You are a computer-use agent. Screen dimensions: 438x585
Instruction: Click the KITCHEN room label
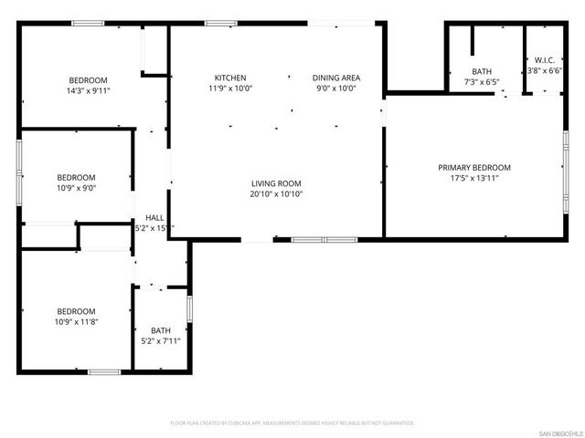(x=229, y=78)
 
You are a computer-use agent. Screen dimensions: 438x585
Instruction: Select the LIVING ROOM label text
(x=277, y=183)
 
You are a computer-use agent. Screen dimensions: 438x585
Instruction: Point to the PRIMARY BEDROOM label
(x=473, y=167)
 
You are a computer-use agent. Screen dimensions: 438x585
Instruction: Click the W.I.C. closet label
(x=542, y=60)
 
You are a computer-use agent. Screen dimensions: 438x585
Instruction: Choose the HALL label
(x=154, y=218)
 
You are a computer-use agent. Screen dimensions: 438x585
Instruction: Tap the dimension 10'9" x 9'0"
(x=77, y=188)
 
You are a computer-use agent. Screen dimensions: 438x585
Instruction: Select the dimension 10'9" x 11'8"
(x=77, y=321)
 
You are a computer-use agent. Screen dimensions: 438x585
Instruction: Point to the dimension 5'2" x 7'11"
(x=161, y=341)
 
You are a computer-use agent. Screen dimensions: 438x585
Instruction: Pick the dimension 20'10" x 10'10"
(x=277, y=193)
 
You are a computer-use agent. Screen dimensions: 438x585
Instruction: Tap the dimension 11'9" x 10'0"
(x=229, y=89)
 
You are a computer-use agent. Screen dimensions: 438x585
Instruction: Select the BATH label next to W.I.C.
(x=482, y=71)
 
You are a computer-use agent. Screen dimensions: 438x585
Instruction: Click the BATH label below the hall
(x=161, y=330)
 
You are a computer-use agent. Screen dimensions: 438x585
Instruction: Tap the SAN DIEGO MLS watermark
(x=559, y=432)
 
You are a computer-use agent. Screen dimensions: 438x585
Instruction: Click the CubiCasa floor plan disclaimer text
(x=292, y=423)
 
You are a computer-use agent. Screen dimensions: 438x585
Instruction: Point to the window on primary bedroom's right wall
(x=566, y=165)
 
